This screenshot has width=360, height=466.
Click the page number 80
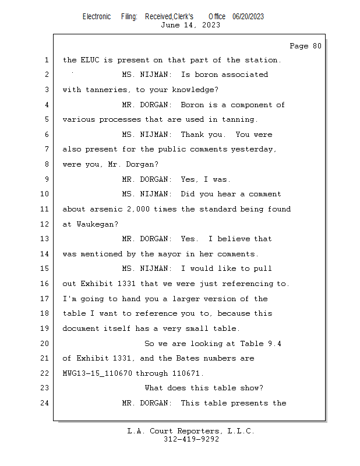point(317,46)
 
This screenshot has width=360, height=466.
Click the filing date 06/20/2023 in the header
point(248,17)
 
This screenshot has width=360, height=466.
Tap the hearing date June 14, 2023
point(190,25)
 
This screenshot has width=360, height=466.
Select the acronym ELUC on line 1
point(90,60)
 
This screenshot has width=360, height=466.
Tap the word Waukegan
point(97,224)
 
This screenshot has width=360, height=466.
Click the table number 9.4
point(274,344)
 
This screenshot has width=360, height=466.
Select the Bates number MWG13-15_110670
point(97,373)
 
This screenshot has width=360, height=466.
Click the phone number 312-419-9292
point(191,439)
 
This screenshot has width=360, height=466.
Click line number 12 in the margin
point(45,224)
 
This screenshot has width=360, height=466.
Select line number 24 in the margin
point(45,403)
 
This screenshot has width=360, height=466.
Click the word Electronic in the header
point(97,17)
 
